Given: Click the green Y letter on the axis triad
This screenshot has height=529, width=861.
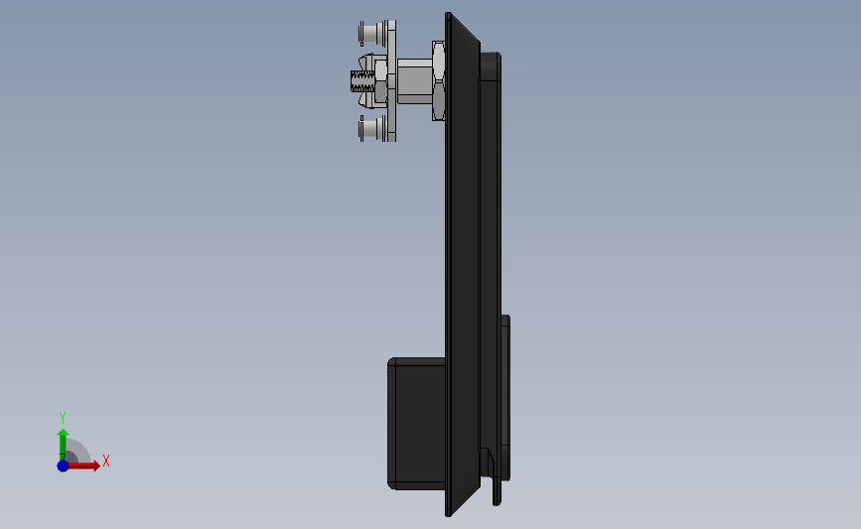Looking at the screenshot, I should [63, 418].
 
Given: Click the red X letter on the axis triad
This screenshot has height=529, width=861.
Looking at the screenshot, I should [105, 461].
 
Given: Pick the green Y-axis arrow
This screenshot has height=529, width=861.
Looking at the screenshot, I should [63, 441].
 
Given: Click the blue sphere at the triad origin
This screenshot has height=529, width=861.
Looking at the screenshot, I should [63, 465].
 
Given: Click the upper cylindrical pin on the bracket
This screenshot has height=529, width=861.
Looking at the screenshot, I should [370, 33].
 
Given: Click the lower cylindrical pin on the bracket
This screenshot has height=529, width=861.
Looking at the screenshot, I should [370, 129].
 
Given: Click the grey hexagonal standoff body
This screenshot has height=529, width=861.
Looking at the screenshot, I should [414, 81].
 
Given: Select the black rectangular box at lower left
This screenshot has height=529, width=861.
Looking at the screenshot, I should [416, 424].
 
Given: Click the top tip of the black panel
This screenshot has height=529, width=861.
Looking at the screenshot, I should [449, 15].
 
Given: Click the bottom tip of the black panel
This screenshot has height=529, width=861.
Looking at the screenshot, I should [448, 513].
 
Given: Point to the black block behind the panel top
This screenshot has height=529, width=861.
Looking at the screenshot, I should [491, 66].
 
